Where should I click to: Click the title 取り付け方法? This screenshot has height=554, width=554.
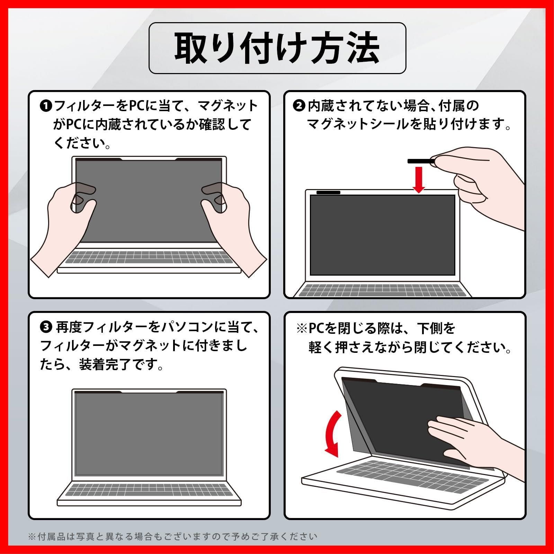point(277,48)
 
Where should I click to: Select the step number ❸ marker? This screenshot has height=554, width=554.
point(46,327)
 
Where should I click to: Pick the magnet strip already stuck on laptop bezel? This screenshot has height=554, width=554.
point(328,193)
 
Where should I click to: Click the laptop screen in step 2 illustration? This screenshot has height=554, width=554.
point(382,235)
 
